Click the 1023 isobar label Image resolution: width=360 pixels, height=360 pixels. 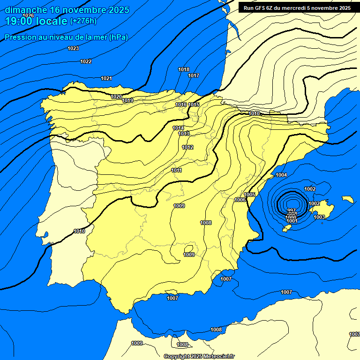pyautogui.click(x=73, y=48)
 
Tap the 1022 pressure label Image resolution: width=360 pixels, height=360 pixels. pyautogui.click(x=86, y=61)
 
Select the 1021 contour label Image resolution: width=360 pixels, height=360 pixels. pyautogui.click(x=106, y=78)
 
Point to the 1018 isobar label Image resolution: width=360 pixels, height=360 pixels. pyautogui.click(x=184, y=69)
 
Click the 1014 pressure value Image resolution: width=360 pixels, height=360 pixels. pyautogui.click(x=178, y=128)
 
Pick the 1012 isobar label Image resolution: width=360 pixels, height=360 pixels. pyautogui.click(x=188, y=147)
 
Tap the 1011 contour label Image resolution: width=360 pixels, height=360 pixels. pyautogui.click(x=177, y=170)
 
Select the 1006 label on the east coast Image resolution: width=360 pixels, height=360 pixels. pyautogui.click(x=240, y=200)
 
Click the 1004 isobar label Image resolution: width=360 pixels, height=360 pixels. pyautogui.click(x=281, y=175)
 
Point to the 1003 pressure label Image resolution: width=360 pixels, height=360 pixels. pyautogui.click(x=319, y=217)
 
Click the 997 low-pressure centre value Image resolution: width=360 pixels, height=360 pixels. pyautogui.click(x=291, y=211)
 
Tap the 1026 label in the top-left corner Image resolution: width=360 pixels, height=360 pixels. pyautogui.click(x=28, y=15)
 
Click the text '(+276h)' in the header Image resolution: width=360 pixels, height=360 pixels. pyautogui.click(x=83, y=21)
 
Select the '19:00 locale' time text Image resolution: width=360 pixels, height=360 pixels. pyautogui.click(x=36, y=21)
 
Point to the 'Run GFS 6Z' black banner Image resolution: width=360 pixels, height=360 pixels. pyautogui.click(x=297, y=8)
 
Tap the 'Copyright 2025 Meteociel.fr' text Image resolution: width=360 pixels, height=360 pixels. pyautogui.click(x=199, y=356)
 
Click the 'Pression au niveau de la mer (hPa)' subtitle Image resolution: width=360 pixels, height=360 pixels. pyautogui.click(x=66, y=37)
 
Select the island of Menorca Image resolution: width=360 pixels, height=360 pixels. pyautogui.click(x=347, y=199)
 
